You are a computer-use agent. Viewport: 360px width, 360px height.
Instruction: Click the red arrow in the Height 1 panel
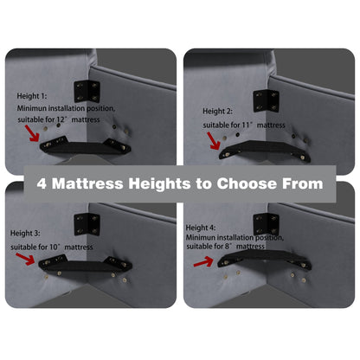tap(32, 133)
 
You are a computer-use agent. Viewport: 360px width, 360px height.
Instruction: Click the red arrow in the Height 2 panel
tap(214, 141)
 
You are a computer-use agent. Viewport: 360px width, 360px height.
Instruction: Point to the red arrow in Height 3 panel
tap(25, 259)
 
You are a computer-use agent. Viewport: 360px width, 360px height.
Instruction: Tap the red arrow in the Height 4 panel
tap(203, 262)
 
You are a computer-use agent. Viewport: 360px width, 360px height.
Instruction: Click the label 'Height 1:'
tap(32, 96)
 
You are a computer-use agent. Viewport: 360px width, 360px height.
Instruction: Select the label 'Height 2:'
tap(217, 111)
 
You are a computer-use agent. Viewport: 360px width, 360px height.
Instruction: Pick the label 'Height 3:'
tap(25, 233)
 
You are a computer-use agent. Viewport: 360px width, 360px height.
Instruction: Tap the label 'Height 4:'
tap(201, 228)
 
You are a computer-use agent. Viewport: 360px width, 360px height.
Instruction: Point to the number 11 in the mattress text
tap(246, 125)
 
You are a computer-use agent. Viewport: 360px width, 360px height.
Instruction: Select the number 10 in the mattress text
tap(54, 247)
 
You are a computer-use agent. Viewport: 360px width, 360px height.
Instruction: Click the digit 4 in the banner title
tap(42, 183)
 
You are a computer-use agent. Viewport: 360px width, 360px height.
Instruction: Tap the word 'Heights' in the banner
tap(159, 184)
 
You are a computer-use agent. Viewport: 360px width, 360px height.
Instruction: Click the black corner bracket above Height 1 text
tap(87, 92)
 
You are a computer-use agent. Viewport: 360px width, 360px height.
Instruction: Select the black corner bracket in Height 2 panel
tap(266, 101)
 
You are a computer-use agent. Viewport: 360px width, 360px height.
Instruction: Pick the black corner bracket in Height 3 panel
tap(87, 224)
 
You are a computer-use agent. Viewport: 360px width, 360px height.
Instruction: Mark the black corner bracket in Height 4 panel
tap(266, 223)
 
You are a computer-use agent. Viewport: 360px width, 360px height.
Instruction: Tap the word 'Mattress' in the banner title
tap(87, 183)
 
